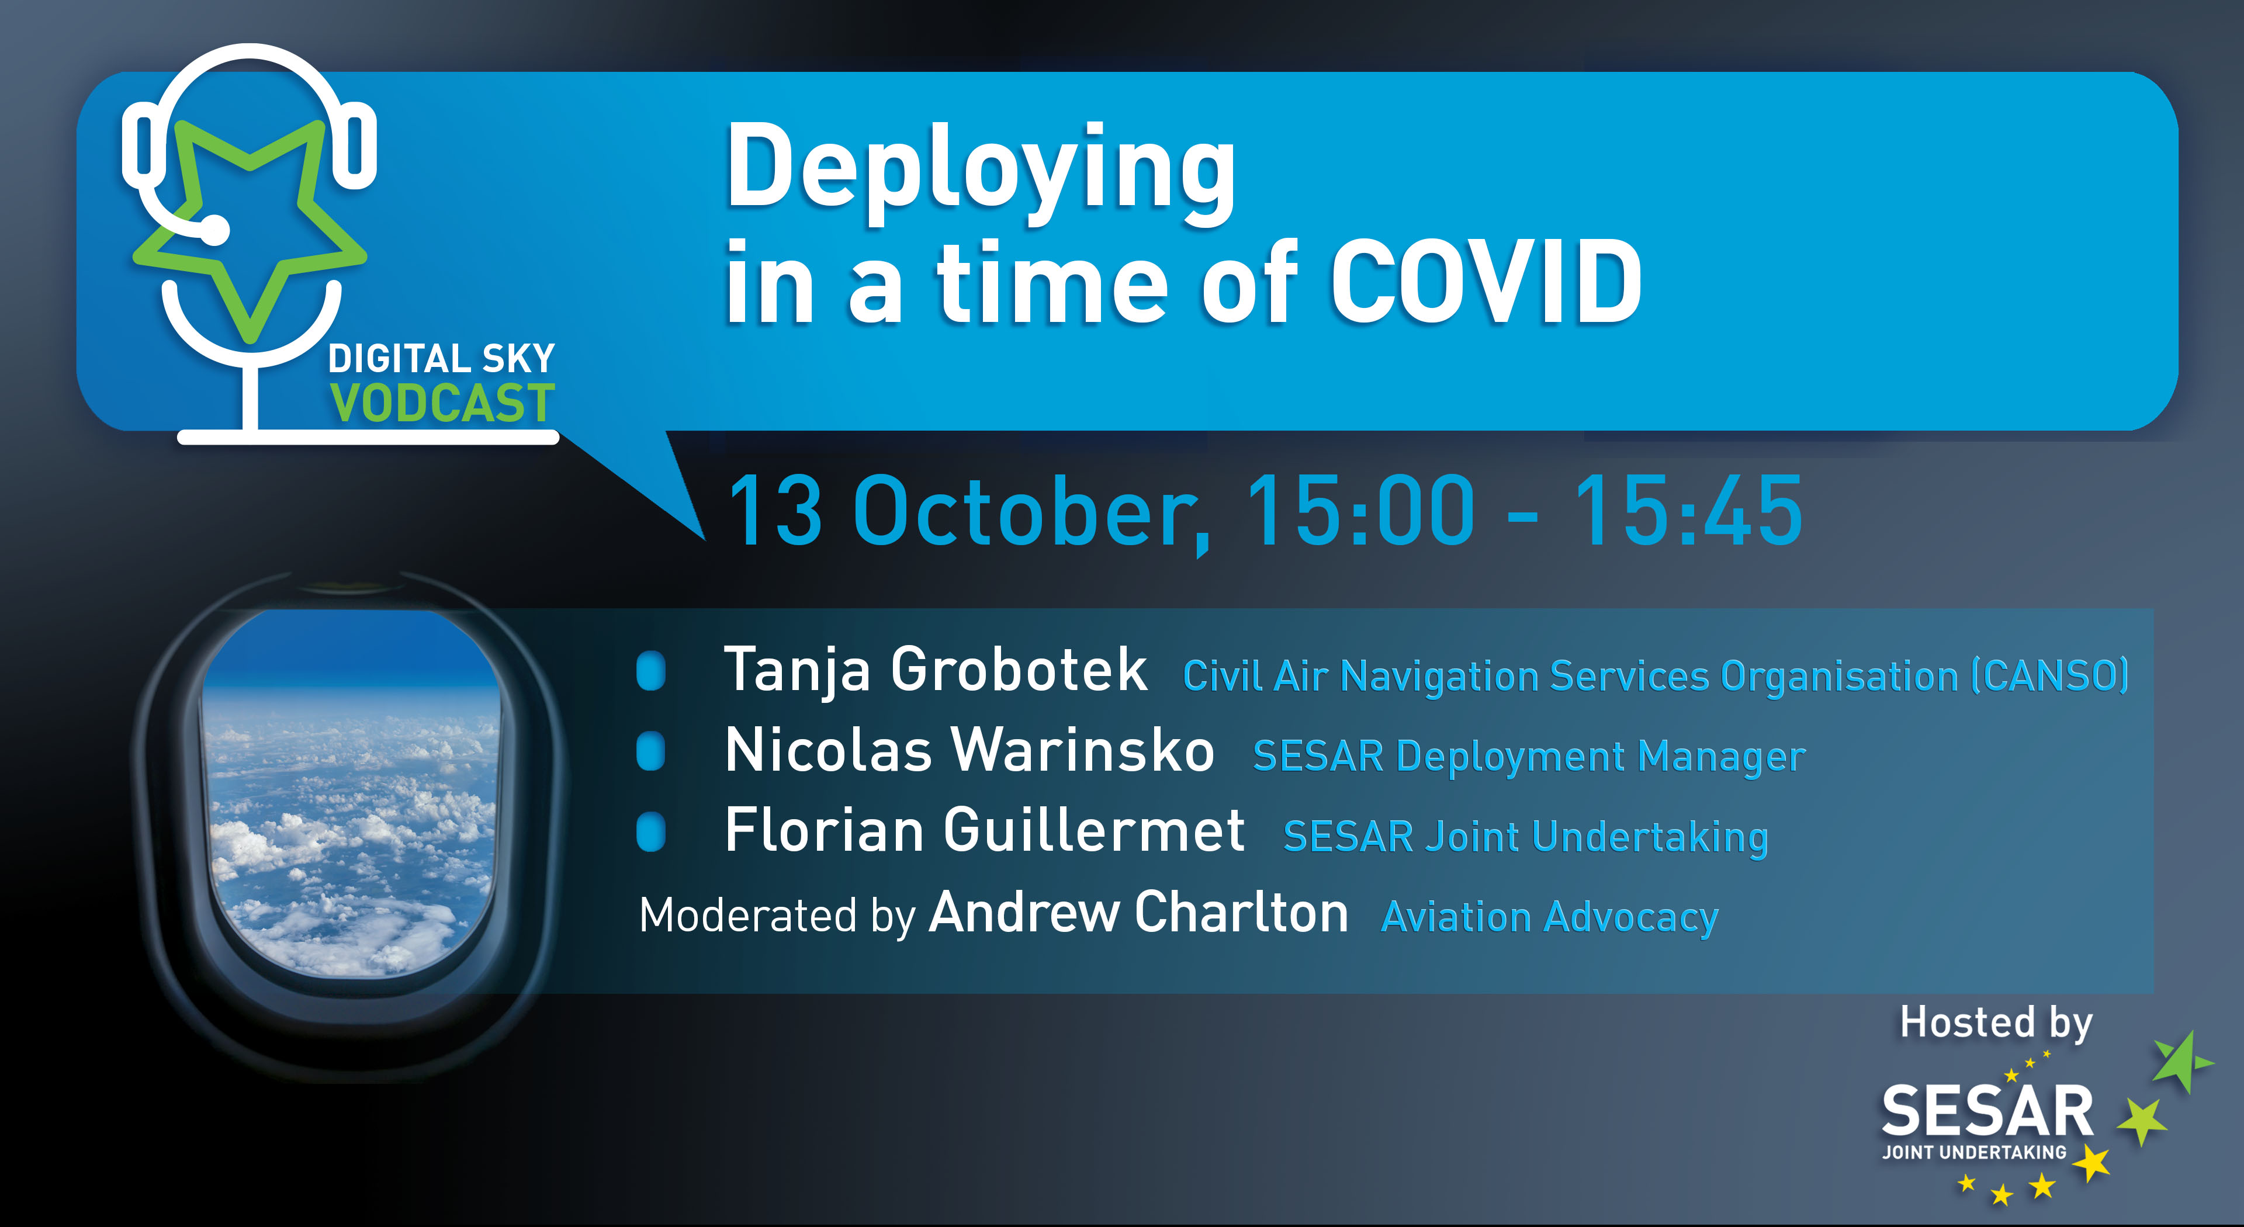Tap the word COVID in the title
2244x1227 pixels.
(x=1485, y=282)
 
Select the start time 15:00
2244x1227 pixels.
(x=1360, y=511)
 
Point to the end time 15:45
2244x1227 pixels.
(x=1688, y=511)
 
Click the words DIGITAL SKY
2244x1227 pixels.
(x=442, y=359)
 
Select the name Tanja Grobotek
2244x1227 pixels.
(x=936, y=671)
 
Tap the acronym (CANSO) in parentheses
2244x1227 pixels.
(x=2051, y=677)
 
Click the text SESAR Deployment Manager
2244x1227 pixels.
(x=1529, y=757)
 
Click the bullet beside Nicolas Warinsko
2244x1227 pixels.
(x=651, y=751)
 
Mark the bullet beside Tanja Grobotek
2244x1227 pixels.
(x=651, y=671)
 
